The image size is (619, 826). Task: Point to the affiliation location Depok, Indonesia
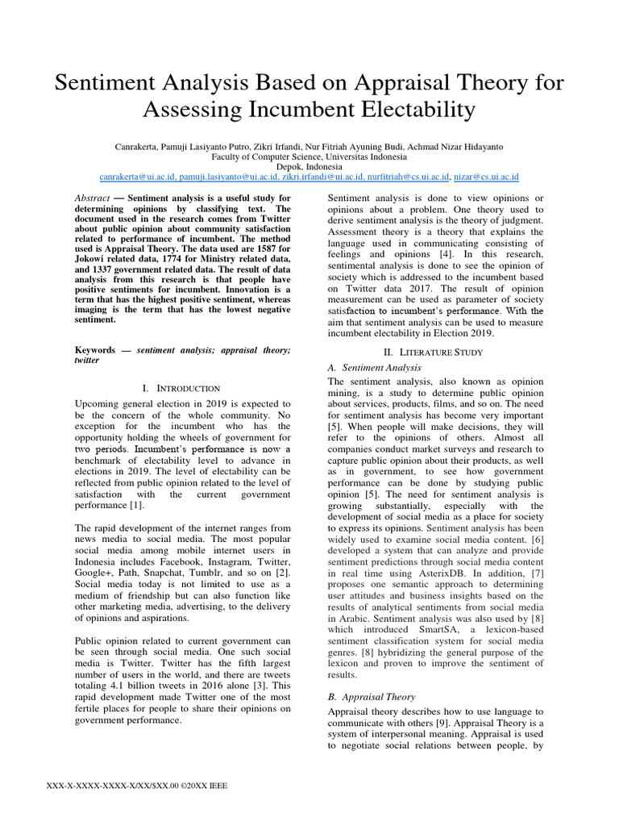coord(309,165)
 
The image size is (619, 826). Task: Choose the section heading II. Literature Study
coord(436,351)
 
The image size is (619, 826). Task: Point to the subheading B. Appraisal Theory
coord(372,696)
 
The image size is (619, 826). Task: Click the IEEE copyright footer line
coord(139,786)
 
